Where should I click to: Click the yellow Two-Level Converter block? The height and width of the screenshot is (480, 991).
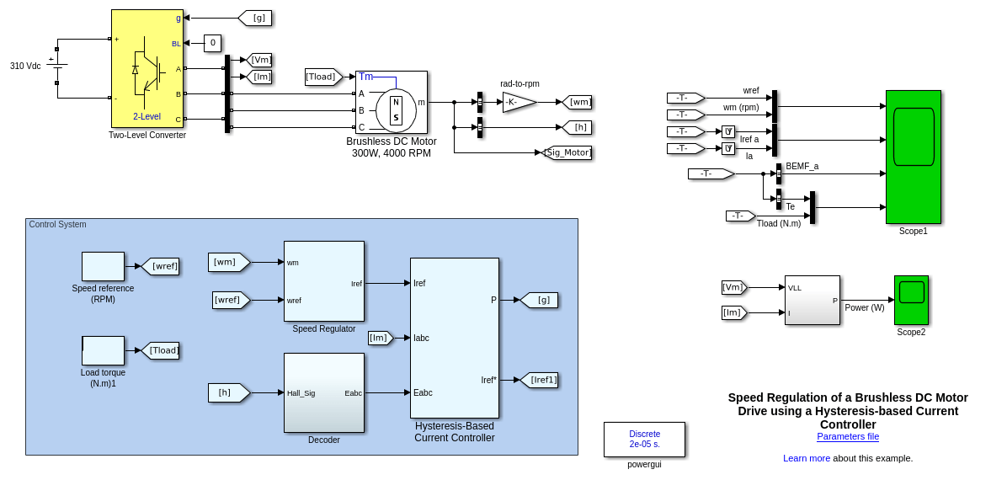click(x=147, y=68)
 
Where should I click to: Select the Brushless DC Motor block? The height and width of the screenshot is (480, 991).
click(x=392, y=102)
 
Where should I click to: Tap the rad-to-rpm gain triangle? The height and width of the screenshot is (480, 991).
click(x=518, y=102)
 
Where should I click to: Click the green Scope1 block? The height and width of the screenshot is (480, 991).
click(x=913, y=157)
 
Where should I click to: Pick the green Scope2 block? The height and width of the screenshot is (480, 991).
click(x=911, y=300)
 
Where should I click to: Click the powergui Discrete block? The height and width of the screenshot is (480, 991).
click(x=644, y=440)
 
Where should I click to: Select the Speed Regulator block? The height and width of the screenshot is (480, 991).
click(x=324, y=281)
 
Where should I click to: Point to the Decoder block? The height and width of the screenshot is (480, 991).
click(x=324, y=392)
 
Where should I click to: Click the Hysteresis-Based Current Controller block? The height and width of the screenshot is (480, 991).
click(x=455, y=338)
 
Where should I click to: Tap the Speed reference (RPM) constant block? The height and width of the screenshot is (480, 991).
click(x=103, y=266)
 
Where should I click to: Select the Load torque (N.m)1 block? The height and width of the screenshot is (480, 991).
click(x=103, y=350)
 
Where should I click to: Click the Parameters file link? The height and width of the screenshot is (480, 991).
click(x=848, y=436)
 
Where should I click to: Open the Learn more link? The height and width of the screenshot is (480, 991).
click(x=806, y=458)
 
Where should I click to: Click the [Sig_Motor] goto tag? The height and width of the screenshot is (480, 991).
click(x=567, y=152)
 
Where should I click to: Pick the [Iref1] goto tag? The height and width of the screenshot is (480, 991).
click(x=541, y=380)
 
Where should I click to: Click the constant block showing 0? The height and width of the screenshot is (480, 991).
click(x=213, y=43)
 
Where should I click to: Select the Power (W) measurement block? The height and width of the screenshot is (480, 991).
click(x=813, y=300)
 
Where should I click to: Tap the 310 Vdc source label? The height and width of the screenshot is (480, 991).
click(x=25, y=66)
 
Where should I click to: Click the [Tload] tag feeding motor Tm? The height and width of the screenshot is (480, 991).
click(x=322, y=77)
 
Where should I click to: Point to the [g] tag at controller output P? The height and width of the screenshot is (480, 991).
click(x=541, y=300)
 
